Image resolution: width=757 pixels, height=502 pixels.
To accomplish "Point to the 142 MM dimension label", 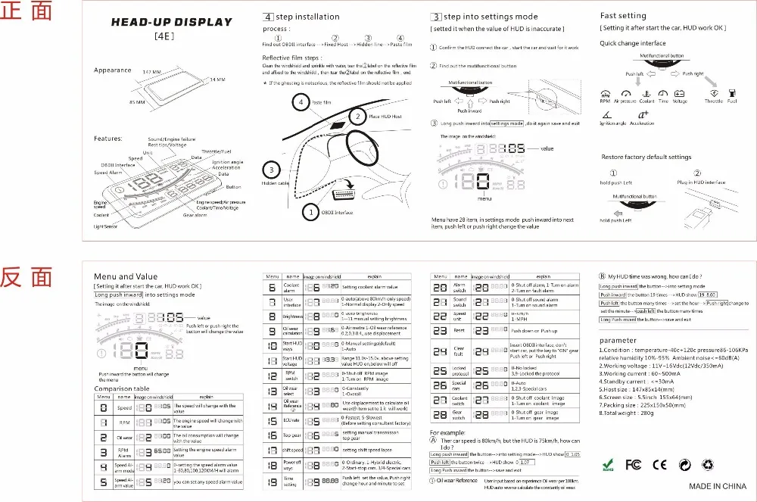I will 151,72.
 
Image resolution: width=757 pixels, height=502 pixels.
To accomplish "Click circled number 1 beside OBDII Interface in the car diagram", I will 310,214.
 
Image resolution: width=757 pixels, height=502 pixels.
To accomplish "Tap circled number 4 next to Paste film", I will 301,101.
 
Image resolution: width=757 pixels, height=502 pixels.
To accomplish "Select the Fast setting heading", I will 623,15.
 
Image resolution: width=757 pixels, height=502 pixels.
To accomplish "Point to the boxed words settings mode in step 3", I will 506,123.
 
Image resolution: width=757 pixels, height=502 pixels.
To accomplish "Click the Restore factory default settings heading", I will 646,157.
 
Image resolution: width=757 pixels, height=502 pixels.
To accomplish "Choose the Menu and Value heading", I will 125,276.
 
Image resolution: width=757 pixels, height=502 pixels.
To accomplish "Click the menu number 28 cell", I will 439,414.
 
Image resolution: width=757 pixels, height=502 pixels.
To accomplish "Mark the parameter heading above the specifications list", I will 617,340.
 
